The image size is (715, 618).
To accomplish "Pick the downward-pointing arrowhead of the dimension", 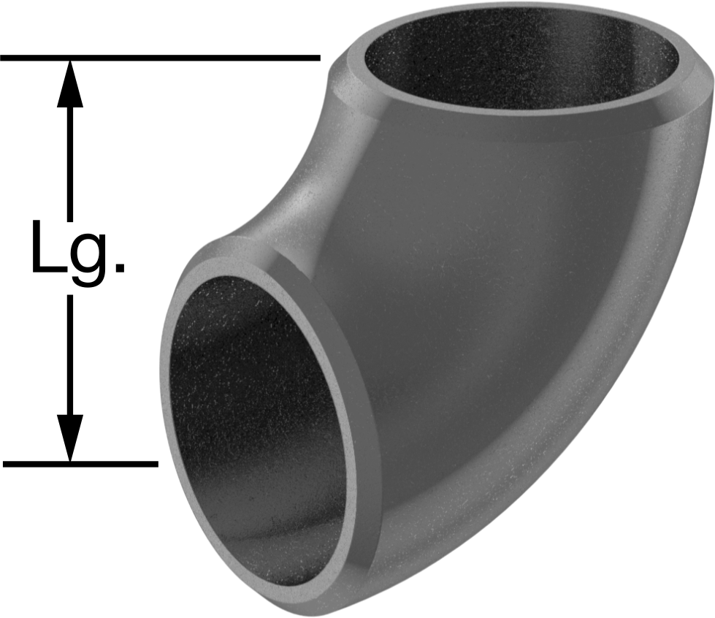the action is click(70, 438).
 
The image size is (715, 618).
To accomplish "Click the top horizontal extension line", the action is click(160, 58).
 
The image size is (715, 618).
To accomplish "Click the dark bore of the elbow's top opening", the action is click(520, 58).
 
